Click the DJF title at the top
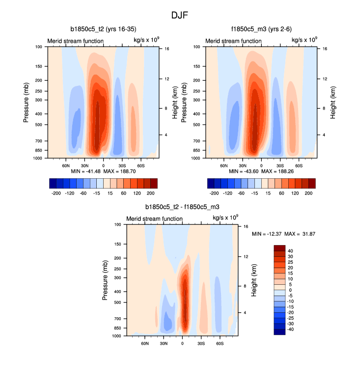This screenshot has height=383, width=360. pos(180,15)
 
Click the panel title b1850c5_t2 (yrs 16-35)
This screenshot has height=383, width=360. pos(103,29)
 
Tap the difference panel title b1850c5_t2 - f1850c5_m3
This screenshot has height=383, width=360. pos(182,208)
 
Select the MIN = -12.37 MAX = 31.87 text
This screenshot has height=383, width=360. pos(283,234)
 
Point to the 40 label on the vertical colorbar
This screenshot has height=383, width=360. pos(291,250)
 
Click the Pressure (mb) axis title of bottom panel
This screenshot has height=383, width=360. pos(106,280)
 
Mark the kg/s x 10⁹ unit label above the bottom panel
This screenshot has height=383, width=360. pos(225,218)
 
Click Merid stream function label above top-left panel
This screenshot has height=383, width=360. pos(75,41)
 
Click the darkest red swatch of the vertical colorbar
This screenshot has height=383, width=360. pos(279,247)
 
